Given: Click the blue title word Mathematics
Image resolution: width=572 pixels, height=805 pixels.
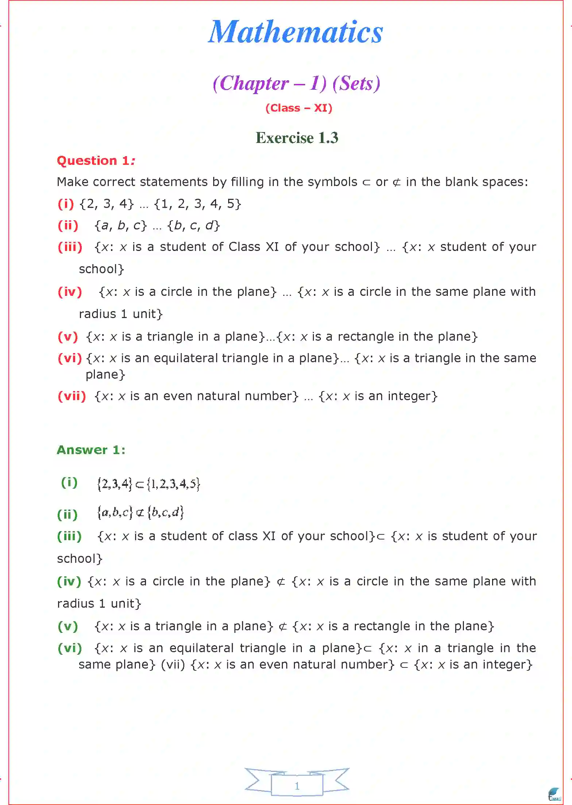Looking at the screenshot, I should point(295,32).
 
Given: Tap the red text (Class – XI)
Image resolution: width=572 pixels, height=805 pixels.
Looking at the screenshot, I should point(299,108).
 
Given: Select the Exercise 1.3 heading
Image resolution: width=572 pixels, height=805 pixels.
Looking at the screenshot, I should point(297,138).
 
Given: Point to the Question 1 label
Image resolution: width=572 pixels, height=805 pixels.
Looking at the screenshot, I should point(96,161).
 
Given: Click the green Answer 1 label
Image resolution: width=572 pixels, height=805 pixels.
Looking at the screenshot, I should point(91,450).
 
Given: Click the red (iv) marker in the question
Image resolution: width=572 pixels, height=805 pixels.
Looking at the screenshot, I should point(70,292).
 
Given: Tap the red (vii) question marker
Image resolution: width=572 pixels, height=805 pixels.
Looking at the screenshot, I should point(72,396).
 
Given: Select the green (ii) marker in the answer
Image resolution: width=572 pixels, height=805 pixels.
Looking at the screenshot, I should point(68,515).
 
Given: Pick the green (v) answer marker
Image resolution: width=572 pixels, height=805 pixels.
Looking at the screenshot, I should point(68,626).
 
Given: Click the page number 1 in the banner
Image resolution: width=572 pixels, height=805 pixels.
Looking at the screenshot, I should point(297,786).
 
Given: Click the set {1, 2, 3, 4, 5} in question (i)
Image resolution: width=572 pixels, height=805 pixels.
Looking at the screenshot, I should point(197,204).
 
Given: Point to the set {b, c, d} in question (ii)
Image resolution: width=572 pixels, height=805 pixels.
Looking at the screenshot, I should point(193,226).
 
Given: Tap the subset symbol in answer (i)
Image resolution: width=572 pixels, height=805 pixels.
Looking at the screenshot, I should point(139,485).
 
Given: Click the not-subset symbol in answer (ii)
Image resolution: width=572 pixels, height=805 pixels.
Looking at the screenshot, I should point(140,513).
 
